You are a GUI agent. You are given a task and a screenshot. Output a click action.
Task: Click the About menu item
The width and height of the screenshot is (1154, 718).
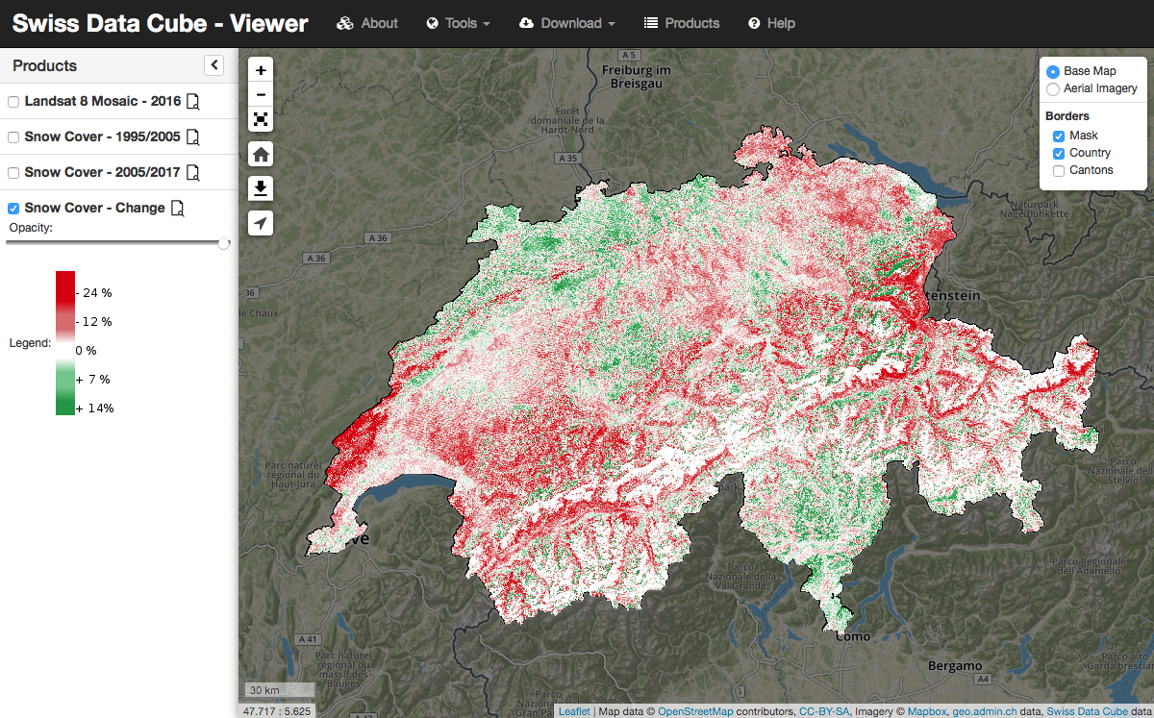[x=367, y=23]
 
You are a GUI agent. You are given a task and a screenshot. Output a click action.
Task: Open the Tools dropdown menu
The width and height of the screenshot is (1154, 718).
[x=459, y=23]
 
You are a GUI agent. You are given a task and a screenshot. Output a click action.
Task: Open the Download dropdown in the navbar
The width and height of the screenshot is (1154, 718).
[x=567, y=23]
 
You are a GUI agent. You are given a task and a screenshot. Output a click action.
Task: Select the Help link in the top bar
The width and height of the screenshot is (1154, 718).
[x=771, y=23]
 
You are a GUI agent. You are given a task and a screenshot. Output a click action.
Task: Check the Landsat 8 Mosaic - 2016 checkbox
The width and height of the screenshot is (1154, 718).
[x=13, y=102]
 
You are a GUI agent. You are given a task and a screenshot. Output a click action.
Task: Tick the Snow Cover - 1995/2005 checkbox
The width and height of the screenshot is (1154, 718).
[x=13, y=137]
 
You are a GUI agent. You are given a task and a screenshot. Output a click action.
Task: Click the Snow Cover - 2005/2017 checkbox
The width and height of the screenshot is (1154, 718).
[x=13, y=173]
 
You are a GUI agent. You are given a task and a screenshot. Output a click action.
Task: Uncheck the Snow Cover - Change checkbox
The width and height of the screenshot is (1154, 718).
[x=13, y=209]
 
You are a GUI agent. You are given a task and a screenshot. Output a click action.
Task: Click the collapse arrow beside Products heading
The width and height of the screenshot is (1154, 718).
[x=214, y=65]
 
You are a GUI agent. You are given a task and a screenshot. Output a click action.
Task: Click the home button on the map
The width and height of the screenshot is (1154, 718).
[x=261, y=154]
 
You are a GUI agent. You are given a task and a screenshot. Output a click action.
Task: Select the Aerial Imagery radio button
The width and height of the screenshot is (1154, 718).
[x=1053, y=88]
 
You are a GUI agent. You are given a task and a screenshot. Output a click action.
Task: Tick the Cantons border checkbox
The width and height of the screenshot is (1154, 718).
[x=1059, y=170]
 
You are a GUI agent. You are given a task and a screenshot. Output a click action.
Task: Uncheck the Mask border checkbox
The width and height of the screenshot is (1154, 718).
[x=1059, y=136]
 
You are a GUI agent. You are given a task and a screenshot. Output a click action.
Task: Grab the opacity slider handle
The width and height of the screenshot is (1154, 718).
[x=224, y=243]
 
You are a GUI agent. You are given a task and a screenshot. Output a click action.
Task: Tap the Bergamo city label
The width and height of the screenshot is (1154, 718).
[x=955, y=666]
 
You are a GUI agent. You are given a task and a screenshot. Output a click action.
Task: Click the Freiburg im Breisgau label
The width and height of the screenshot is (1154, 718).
[x=636, y=77]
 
